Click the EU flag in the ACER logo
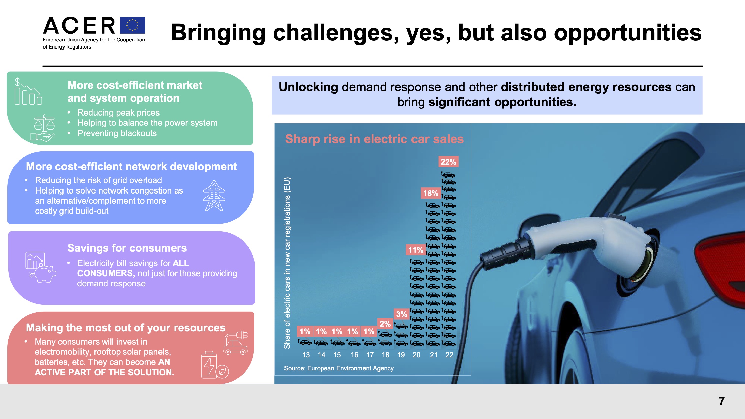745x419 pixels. coord(132,25)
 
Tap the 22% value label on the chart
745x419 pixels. coord(448,162)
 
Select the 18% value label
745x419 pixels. coord(430,193)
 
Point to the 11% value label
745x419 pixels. coord(416,250)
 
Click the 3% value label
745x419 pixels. coord(401,314)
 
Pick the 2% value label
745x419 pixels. coord(385,324)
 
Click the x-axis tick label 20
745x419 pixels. coord(416,355)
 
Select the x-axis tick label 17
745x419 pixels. coord(370,355)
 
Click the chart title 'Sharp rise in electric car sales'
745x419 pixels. coord(374,139)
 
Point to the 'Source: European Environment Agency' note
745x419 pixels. coord(339,368)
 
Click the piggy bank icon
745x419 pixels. coord(45,273)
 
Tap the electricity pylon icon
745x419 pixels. coord(214,196)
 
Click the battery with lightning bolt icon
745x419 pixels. coord(209,365)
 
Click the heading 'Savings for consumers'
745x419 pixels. coord(127,248)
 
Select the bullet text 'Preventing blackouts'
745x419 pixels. coord(117,133)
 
